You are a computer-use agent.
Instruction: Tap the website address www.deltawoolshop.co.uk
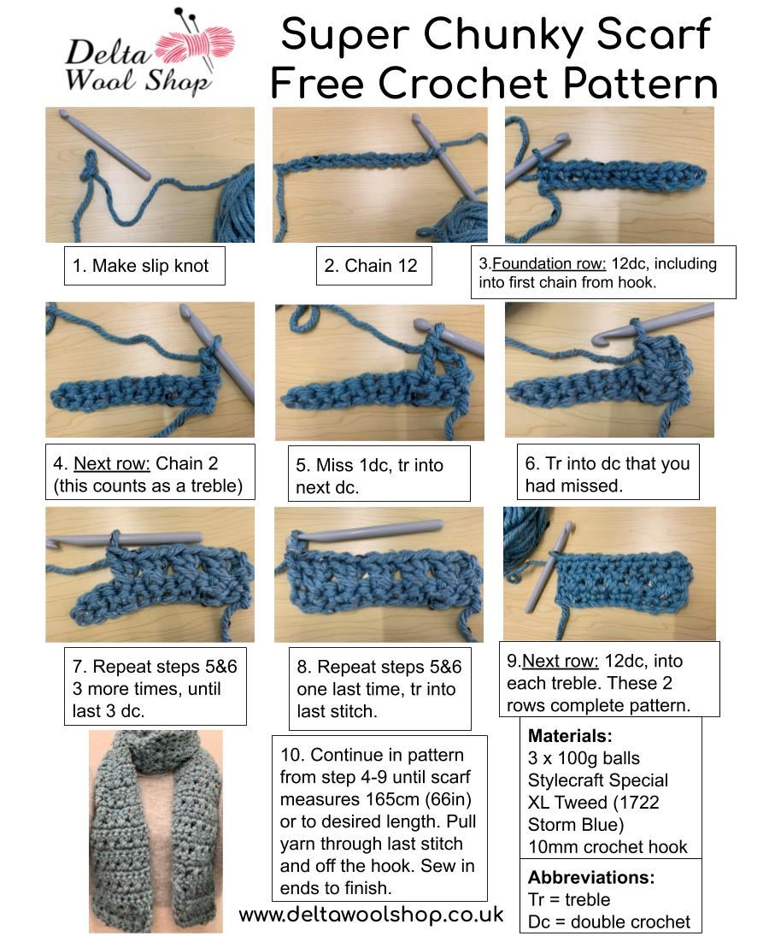(x=371, y=915)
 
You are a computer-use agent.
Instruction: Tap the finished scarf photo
(x=156, y=829)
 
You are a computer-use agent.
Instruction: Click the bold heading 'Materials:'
(x=569, y=736)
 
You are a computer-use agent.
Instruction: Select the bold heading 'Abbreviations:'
(x=591, y=878)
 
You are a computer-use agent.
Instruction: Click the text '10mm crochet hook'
(x=608, y=847)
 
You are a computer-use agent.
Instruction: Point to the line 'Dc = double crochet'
(x=609, y=921)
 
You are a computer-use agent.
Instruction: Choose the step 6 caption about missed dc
(x=607, y=474)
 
